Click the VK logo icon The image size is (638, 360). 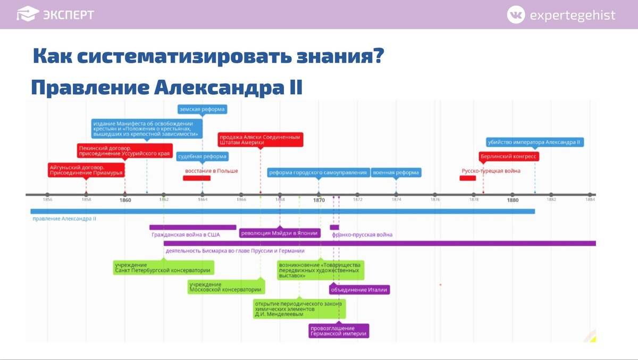(515, 15)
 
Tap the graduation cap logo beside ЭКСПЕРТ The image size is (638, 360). (28, 14)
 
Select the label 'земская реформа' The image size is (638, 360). (202, 110)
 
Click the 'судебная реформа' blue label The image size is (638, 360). (202, 156)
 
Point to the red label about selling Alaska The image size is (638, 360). (261, 140)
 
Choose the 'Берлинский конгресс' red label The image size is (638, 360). (509, 156)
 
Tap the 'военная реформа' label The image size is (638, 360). (396, 172)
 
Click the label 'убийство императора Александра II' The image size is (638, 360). (535, 142)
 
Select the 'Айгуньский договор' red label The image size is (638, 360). (86, 170)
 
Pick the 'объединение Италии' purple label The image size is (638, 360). (359, 290)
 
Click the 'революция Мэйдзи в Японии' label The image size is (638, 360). (280, 232)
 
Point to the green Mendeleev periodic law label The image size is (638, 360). (299, 309)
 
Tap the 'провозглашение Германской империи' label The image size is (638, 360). (339, 331)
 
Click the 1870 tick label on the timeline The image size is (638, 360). (319, 200)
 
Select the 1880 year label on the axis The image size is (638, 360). (513, 200)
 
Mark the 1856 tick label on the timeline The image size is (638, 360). (47, 200)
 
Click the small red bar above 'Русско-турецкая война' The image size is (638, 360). (468, 178)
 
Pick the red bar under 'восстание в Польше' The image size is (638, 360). (197, 178)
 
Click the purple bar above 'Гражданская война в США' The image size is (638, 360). (192, 227)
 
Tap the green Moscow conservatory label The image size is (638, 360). (226, 287)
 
